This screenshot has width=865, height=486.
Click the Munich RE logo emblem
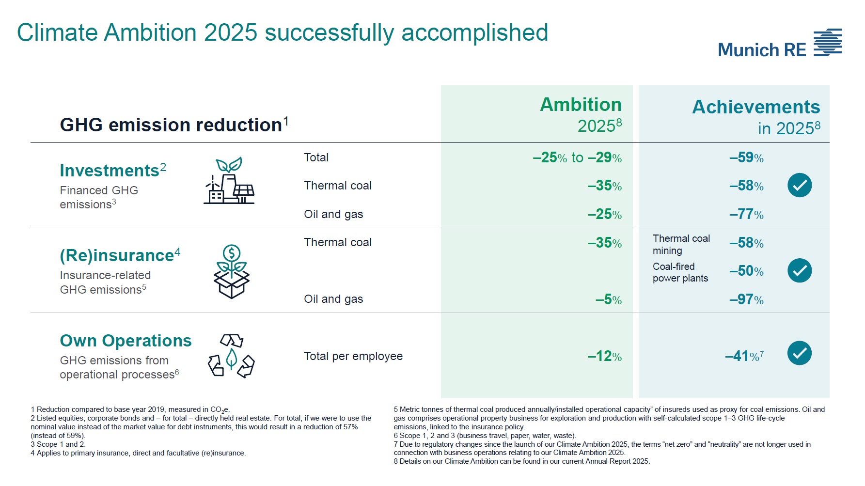pyautogui.click(x=828, y=43)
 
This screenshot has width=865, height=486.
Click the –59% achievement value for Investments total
pyautogui.click(x=746, y=157)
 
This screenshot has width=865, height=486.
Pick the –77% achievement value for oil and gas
pyautogui.click(x=746, y=214)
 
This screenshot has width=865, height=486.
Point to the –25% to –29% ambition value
pyautogui.click(x=577, y=157)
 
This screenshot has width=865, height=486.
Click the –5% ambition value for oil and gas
pyautogui.click(x=608, y=299)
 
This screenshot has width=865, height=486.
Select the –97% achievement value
pyautogui.click(x=746, y=299)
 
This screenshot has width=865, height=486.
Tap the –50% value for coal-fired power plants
pyautogui.click(x=746, y=271)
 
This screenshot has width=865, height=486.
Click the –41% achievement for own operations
pyautogui.click(x=743, y=356)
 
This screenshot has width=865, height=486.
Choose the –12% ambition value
pyautogui.click(x=604, y=356)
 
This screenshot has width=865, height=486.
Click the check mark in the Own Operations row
pyautogui.click(x=800, y=353)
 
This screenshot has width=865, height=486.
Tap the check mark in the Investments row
pyautogui.click(x=800, y=185)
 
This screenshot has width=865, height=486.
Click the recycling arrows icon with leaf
pyautogui.click(x=231, y=356)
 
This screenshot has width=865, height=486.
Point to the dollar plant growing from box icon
pyautogui.click(x=231, y=271)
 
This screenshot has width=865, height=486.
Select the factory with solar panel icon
pyautogui.click(x=229, y=181)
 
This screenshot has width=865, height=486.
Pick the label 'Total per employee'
pyautogui.click(x=353, y=356)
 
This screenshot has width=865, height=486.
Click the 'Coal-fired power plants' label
pyautogui.click(x=680, y=272)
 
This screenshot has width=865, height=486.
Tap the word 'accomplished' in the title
pyautogui.click(x=474, y=33)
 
